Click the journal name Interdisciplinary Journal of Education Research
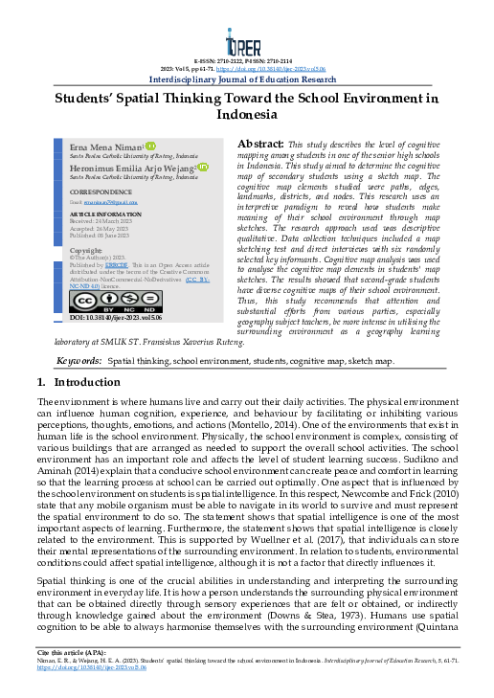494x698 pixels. [x=246, y=80]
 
